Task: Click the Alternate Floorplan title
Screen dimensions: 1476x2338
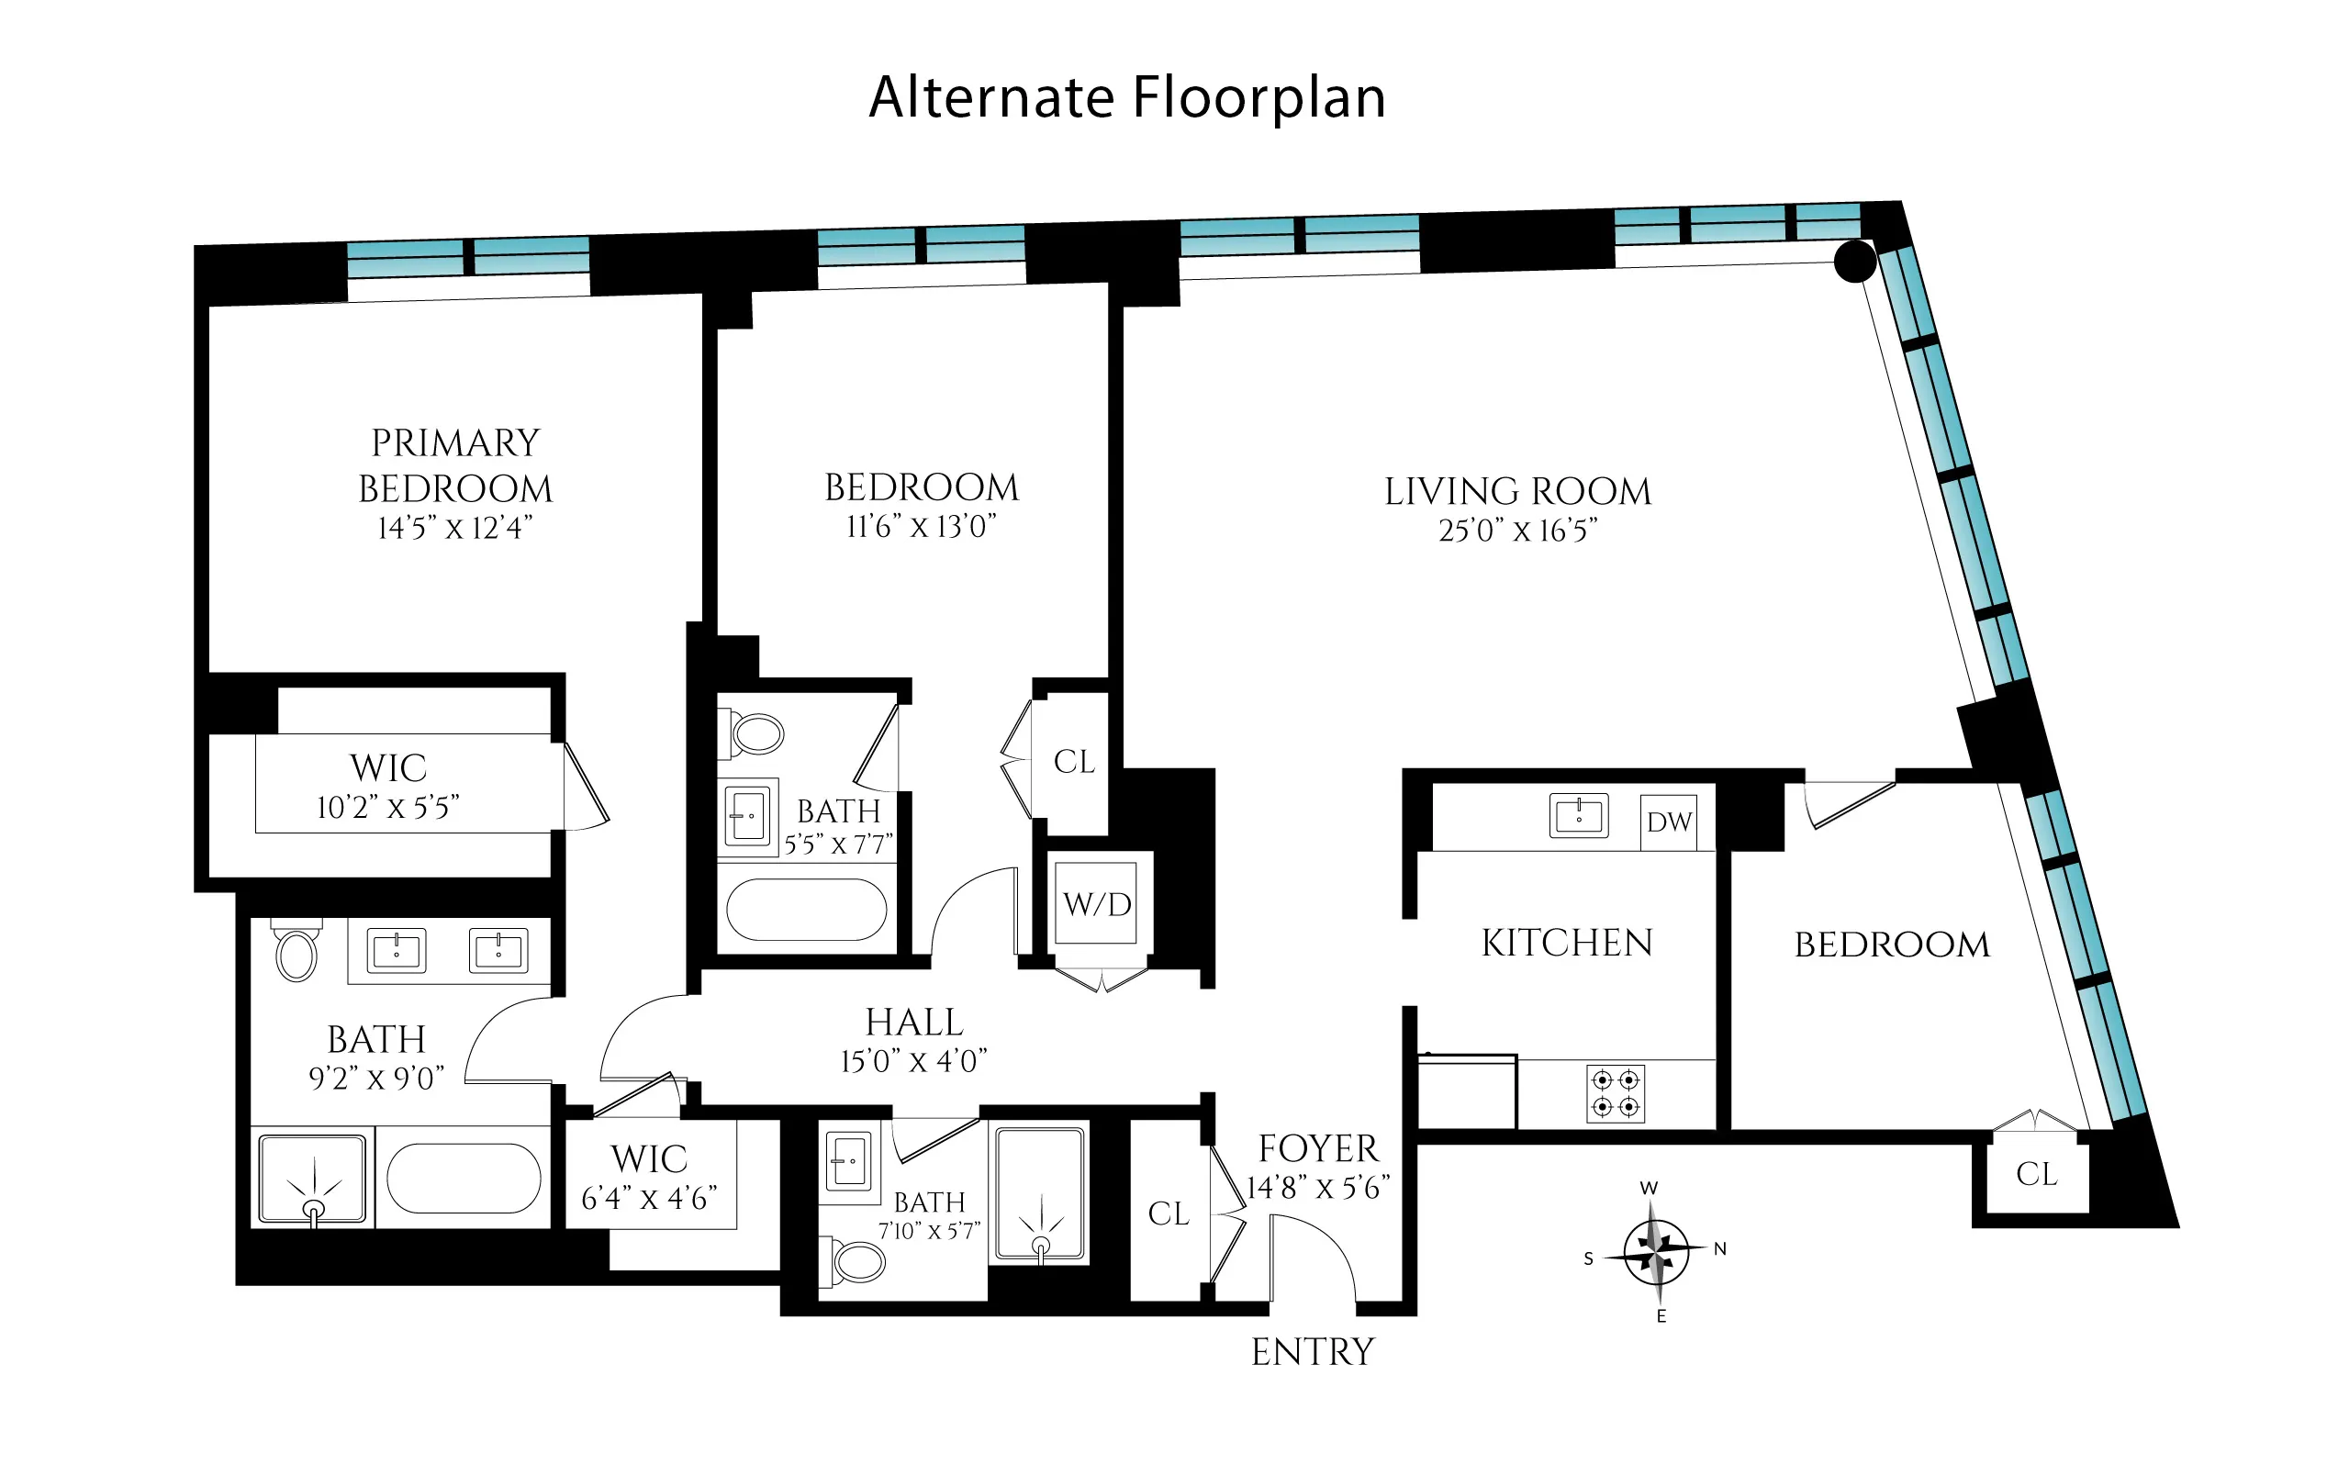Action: [x=1126, y=98]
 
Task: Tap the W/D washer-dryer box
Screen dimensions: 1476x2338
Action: [x=1097, y=904]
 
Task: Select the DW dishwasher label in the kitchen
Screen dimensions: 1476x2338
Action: [x=1669, y=822]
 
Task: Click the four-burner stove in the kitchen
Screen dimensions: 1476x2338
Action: [x=1616, y=1093]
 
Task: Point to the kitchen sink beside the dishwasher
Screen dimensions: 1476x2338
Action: [x=1578, y=816]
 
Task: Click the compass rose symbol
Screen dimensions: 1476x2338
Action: [x=1655, y=1253]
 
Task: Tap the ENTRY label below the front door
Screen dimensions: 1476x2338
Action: [x=1312, y=1352]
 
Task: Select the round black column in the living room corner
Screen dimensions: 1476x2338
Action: [x=1854, y=262]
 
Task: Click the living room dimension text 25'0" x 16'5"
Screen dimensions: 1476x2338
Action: [x=1517, y=531]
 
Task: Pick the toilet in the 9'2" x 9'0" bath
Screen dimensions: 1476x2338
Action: [x=296, y=954]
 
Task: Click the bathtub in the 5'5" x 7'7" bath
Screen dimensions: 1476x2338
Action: [x=806, y=910]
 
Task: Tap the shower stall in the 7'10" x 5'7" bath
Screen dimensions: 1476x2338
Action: [x=1040, y=1195]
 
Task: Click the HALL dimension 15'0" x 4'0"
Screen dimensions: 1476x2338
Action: [x=913, y=1061]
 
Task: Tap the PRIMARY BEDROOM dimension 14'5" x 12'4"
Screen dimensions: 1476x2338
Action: [x=454, y=528]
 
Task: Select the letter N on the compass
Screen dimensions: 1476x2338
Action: [x=1719, y=1248]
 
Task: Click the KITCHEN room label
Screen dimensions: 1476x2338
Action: [x=1566, y=943]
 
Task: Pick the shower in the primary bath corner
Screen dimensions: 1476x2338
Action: [x=312, y=1178]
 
